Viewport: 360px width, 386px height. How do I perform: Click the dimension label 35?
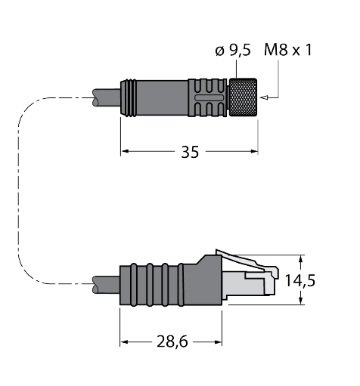[190, 152]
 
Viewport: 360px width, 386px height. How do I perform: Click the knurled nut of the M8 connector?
[245, 97]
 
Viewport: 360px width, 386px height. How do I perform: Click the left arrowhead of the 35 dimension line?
[126, 152]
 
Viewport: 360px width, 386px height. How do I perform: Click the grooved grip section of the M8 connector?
[207, 97]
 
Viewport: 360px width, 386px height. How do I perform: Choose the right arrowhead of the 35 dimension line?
[255, 152]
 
